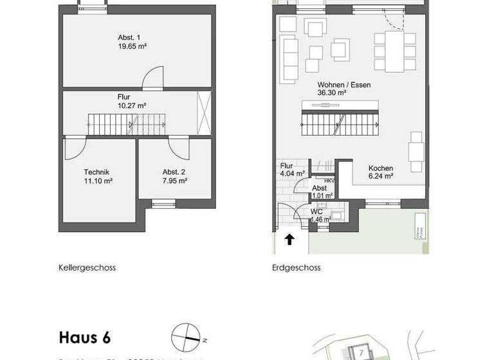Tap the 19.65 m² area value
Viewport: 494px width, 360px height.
133,46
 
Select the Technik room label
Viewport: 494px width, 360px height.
96,172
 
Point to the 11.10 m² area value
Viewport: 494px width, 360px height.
98,181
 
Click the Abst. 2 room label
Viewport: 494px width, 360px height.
174,172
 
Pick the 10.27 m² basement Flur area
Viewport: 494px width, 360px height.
133,105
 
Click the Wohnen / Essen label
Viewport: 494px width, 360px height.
343,85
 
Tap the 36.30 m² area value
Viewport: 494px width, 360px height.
332,93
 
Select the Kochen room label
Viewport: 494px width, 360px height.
381,168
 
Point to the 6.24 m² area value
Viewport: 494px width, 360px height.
380,177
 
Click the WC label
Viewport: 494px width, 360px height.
316,211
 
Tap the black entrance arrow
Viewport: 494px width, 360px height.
289,240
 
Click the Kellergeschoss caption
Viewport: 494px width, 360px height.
87,267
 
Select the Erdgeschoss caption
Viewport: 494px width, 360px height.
296,267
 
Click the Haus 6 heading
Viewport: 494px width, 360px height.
89,337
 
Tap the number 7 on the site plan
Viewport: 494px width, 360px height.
362,352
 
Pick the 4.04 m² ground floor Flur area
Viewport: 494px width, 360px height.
291,173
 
